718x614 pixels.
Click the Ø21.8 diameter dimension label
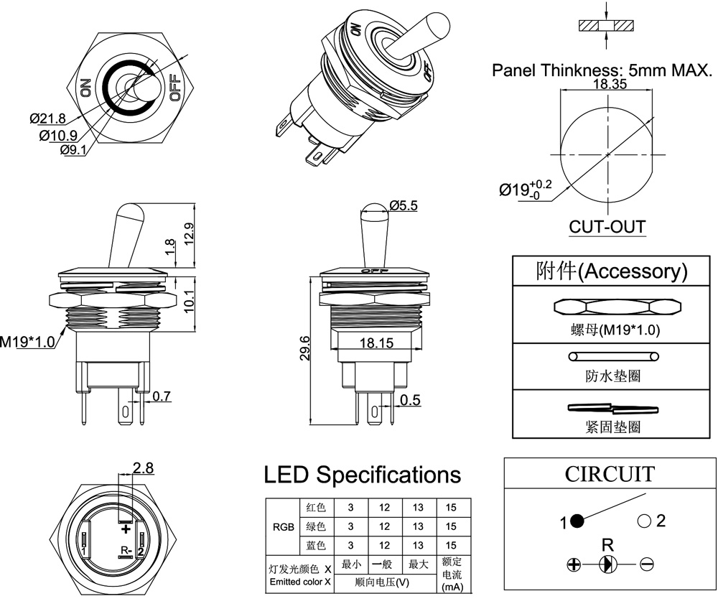pos(48,118)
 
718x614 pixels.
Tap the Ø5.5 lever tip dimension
pos(404,205)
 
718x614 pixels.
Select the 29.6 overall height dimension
pos(305,348)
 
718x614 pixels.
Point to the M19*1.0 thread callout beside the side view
pos(27,342)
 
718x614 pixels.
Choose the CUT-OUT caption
pos(607,228)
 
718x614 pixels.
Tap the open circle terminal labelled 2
pos(643,521)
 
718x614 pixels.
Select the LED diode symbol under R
pos(608,564)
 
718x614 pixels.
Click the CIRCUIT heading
pos(609,474)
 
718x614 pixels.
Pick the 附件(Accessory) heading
pos(612,271)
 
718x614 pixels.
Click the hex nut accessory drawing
pos(617,307)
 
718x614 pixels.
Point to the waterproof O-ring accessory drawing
pos(612,357)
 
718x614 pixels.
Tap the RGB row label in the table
pos(281,526)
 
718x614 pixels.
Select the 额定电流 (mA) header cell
pos(451,574)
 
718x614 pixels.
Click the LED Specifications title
pos(363,475)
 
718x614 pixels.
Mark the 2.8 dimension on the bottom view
pos(144,468)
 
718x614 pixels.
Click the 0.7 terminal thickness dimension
pos(161,396)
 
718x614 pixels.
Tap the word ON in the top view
pos(85,87)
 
